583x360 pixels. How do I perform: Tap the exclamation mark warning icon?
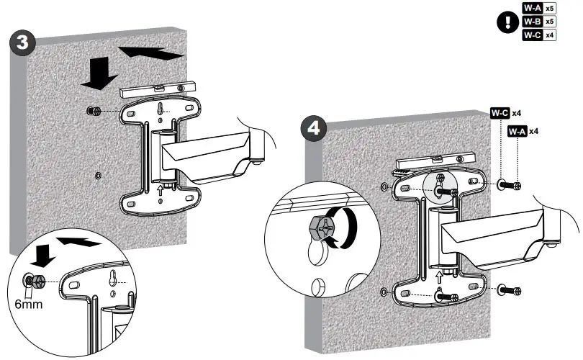tap(509, 22)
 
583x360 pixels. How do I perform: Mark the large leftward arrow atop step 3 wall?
tap(148, 51)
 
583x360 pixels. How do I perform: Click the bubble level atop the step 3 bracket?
tap(158, 89)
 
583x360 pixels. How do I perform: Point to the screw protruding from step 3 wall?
tap(93, 112)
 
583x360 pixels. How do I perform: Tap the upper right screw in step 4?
tap(510, 185)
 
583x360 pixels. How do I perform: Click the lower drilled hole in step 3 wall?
tap(98, 175)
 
